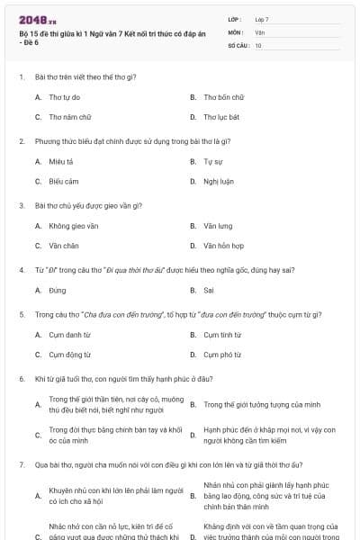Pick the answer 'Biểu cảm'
(x=64, y=182)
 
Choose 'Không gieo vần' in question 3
(x=74, y=225)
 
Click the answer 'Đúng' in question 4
(x=58, y=290)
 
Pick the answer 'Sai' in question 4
(x=209, y=290)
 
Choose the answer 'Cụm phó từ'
(x=222, y=355)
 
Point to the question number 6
(x=22, y=379)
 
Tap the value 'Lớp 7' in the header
(x=262, y=19)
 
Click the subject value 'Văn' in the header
(x=260, y=31)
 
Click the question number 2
(x=22, y=141)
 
